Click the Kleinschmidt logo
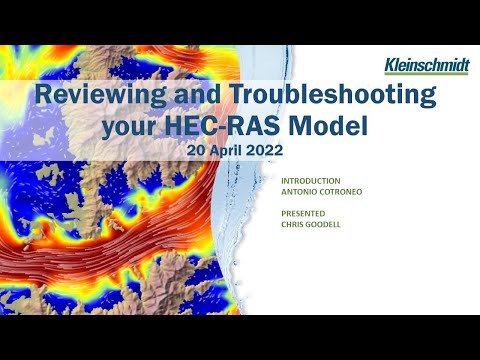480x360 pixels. click(425, 66)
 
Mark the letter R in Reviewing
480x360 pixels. click(42, 97)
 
